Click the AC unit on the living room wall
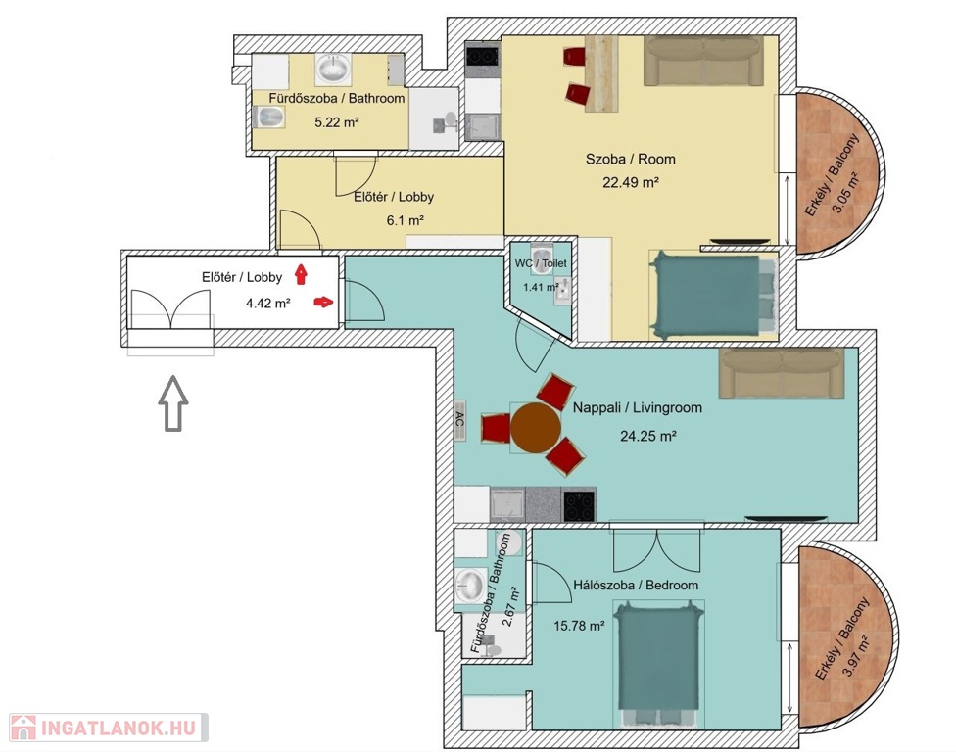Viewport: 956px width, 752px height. click(460, 420)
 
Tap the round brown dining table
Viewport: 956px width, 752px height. click(536, 428)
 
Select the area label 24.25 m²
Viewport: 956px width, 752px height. click(648, 436)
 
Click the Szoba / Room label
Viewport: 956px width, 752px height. click(631, 159)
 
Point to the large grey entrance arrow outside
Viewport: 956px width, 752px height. click(173, 403)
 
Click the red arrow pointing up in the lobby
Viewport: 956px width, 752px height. click(301, 274)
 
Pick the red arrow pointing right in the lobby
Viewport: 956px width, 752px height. click(324, 302)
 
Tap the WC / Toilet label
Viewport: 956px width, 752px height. click(541, 263)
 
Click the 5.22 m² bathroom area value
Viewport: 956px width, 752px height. click(337, 122)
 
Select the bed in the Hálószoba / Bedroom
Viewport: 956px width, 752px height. click(658, 664)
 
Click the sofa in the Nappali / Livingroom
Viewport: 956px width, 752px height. click(782, 373)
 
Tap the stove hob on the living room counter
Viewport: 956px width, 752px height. click(579, 505)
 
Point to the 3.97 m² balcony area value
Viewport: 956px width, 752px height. click(858, 654)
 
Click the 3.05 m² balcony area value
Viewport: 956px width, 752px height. click(845, 191)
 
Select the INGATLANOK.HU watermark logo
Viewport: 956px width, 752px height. click(109, 728)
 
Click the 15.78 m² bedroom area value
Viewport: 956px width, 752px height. click(579, 626)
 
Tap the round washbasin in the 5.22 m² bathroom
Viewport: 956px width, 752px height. click(333, 69)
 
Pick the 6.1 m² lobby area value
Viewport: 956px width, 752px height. click(405, 220)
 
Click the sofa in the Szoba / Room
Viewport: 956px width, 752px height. click(703, 61)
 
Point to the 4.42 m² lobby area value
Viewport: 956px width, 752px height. click(267, 303)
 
